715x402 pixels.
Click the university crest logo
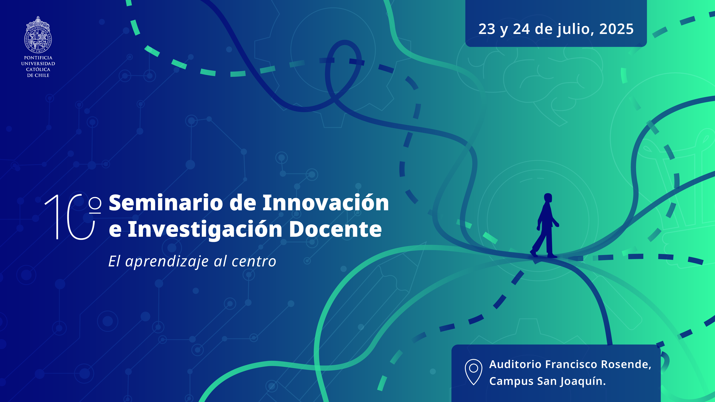(x=38, y=35)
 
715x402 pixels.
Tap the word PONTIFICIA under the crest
(x=38, y=58)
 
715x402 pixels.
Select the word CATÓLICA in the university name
(x=38, y=69)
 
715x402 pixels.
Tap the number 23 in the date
(x=487, y=29)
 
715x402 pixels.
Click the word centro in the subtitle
(x=254, y=262)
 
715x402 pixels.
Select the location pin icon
(x=474, y=372)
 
